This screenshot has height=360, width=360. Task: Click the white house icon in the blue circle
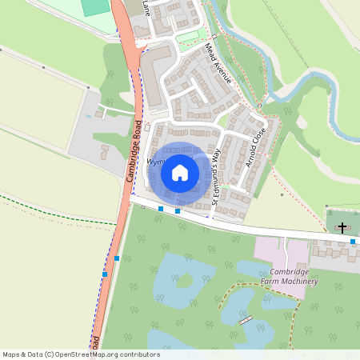tap(180, 172)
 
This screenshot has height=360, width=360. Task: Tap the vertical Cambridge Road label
tap(135, 151)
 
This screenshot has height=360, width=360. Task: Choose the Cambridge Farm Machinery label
tap(288, 277)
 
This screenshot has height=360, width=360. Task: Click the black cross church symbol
tap(342, 228)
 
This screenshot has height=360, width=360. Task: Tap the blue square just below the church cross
tap(353, 241)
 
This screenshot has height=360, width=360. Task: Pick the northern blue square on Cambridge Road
tap(117, 258)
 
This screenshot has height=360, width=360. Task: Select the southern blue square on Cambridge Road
tap(105, 274)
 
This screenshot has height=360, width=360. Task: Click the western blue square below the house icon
tap(161, 209)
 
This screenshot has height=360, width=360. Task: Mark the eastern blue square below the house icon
tap(178, 211)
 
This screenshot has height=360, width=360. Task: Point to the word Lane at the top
tap(146, 7)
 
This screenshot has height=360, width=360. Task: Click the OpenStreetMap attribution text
tap(81, 354)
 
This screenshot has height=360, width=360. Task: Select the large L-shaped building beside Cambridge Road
tap(157, 64)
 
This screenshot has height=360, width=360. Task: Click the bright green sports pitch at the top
tap(95, 7)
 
